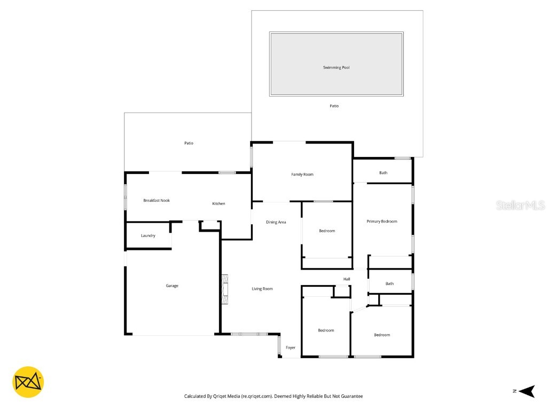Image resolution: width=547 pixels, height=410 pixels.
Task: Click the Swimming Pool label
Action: pyautogui.click(x=336, y=68)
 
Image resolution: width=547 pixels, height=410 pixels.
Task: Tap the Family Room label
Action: pyautogui.click(x=302, y=175)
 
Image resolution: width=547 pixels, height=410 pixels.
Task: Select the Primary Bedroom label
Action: pyautogui.click(x=381, y=222)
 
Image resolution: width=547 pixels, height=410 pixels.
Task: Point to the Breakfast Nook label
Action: pyautogui.click(x=156, y=201)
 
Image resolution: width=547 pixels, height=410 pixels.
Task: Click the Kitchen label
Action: pyautogui.click(x=218, y=204)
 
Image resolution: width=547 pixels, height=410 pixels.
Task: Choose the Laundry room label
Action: pyautogui.click(x=148, y=235)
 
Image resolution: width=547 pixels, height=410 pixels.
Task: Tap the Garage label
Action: pyautogui.click(x=172, y=286)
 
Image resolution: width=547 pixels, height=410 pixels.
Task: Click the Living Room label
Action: pyautogui.click(x=262, y=289)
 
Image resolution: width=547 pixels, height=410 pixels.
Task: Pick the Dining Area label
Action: pyautogui.click(x=276, y=222)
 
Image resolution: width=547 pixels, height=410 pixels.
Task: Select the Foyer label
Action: pyautogui.click(x=291, y=348)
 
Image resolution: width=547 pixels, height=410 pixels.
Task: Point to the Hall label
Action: pyautogui.click(x=347, y=279)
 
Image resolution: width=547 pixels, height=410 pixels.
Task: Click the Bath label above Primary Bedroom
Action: pyautogui.click(x=384, y=173)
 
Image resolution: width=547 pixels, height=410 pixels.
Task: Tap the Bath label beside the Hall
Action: pyautogui.click(x=389, y=284)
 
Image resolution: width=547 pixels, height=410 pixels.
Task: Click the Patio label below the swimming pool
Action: pyautogui.click(x=334, y=106)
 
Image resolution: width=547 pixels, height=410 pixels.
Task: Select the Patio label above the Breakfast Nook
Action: pyautogui.click(x=189, y=143)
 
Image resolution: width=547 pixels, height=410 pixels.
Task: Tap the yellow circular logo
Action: pyautogui.click(x=28, y=382)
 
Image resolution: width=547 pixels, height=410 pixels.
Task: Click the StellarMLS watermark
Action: pyautogui.click(x=520, y=206)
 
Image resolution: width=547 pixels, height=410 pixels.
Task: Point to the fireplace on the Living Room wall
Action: pyautogui.click(x=225, y=289)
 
